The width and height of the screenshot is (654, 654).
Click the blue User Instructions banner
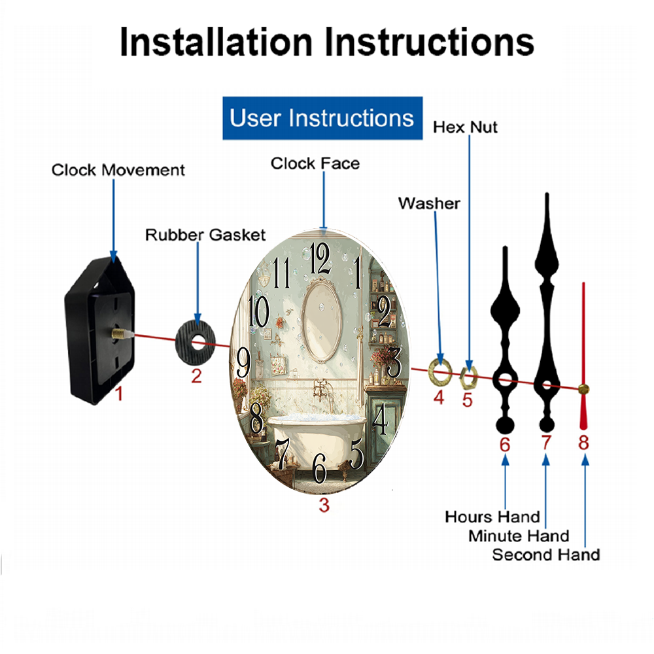(322, 118)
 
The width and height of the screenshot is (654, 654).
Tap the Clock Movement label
(118, 170)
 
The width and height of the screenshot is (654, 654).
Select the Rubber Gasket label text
(205, 235)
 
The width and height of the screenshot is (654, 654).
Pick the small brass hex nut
(468, 376)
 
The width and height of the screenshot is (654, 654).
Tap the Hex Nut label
(465, 128)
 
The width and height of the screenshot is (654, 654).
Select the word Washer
(429, 203)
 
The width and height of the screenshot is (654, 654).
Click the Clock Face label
(315, 163)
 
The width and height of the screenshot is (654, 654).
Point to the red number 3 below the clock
(324, 505)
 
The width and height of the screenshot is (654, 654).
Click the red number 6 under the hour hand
(505, 445)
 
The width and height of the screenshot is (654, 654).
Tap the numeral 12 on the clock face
(320, 258)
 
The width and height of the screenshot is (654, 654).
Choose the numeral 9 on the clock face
(243, 362)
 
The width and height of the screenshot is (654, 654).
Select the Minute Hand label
(519, 536)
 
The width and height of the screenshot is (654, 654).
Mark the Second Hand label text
(546, 555)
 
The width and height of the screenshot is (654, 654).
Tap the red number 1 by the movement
(119, 393)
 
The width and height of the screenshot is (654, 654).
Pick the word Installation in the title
(216, 42)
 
